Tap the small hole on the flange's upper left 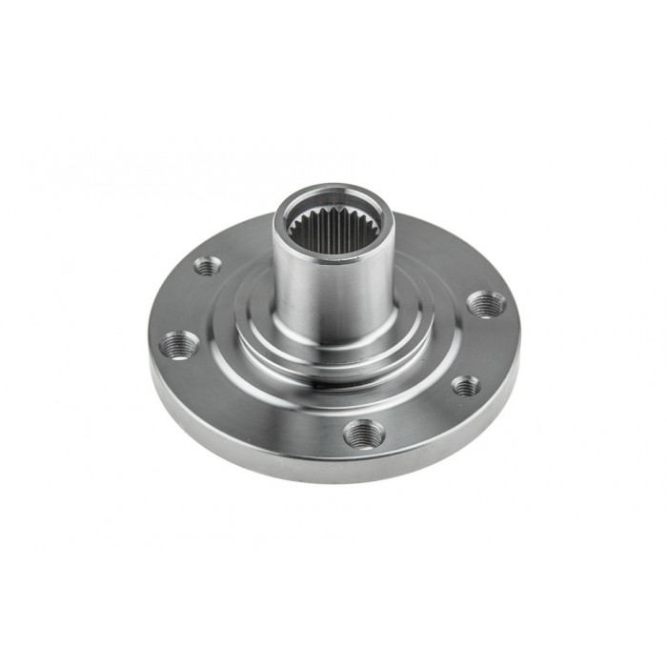tap(207, 265)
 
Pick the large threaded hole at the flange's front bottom tap(364, 434)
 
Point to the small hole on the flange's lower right tap(465, 385)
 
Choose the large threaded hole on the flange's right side tap(488, 304)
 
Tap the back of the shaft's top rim tap(329, 189)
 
